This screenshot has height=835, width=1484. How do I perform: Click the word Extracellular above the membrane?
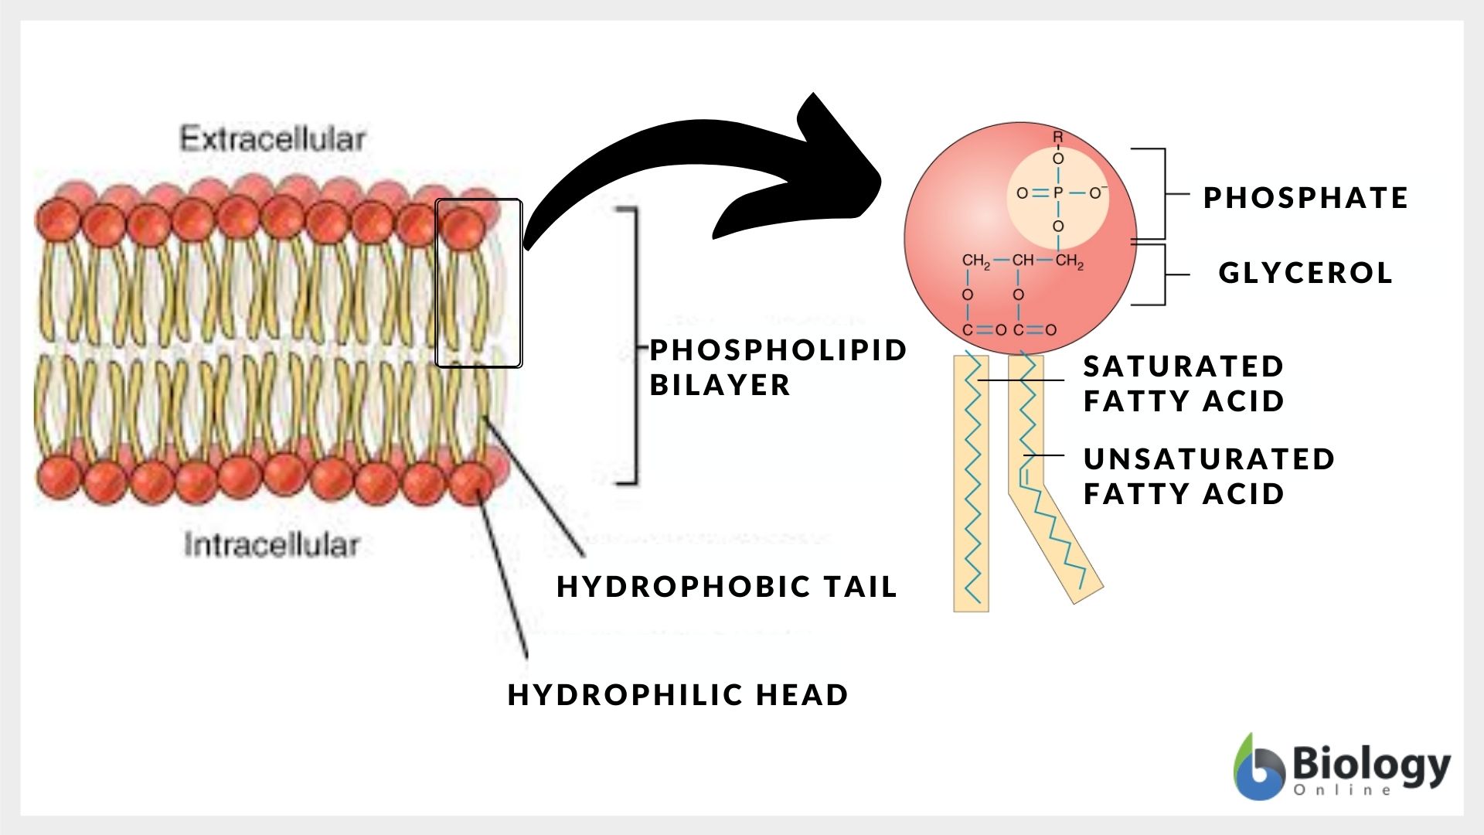click(x=272, y=139)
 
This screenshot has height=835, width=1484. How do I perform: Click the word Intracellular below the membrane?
click(x=272, y=545)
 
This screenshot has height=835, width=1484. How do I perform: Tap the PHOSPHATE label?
click(x=1305, y=198)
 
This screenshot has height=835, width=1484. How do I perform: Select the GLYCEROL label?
click(x=1305, y=273)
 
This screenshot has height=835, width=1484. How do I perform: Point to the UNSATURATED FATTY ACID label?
click(x=1209, y=476)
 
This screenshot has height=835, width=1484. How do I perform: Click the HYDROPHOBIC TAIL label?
click(x=727, y=587)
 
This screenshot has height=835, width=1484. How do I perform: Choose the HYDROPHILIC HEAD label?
click(x=678, y=695)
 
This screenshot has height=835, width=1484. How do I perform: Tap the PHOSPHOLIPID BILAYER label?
click(x=777, y=367)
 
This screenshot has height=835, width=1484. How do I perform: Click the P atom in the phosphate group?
click(x=1058, y=193)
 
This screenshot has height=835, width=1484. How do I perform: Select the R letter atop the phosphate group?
click(x=1058, y=137)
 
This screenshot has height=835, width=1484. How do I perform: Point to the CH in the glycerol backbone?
click(x=1023, y=261)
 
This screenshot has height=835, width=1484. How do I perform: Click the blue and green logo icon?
click(x=1257, y=768)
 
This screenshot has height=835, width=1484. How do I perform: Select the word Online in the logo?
click(x=1343, y=790)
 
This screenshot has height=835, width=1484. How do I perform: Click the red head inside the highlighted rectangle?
click(x=463, y=225)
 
